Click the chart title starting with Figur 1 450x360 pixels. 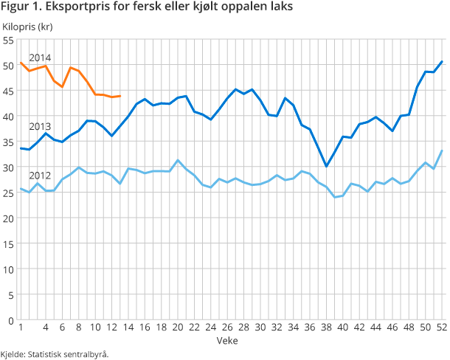click(148, 8)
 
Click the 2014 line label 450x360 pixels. click(40, 58)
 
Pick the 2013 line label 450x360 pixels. click(40, 126)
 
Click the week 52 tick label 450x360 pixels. click(440, 328)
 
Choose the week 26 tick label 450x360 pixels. click(227, 328)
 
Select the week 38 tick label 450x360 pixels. click(326, 328)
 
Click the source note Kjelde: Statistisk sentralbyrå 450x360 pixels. click(55, 353)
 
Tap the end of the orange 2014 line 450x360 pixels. click(120, 96)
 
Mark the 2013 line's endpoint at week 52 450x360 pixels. click(441, 62)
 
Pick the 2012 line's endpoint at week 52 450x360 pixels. click(441, 151)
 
